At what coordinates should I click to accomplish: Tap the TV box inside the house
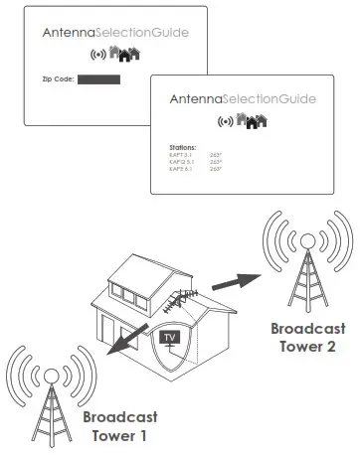pos(171,339)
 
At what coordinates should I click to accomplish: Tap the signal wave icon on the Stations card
pos(228,121)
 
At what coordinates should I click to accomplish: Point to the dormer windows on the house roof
pos(135,293)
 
